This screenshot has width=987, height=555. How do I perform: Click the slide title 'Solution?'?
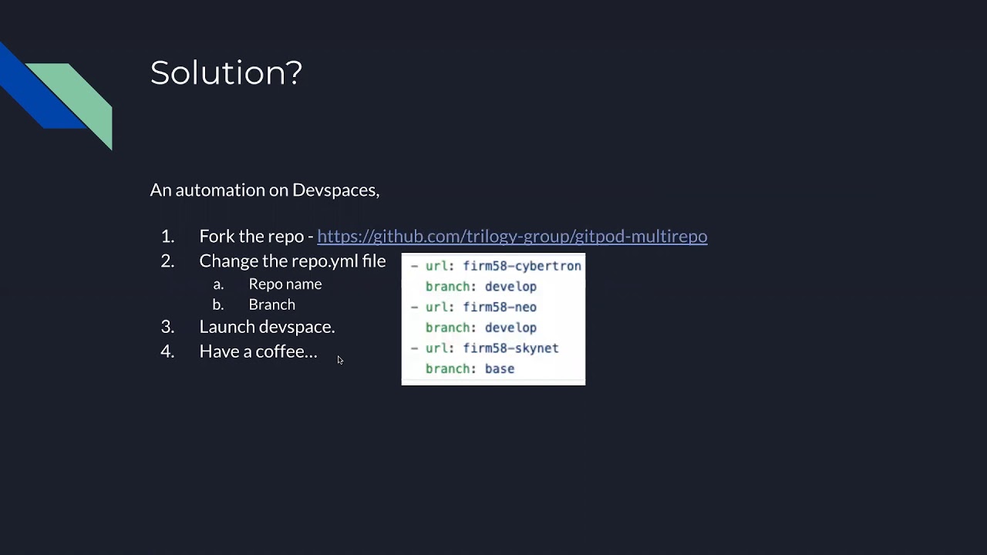click(x=226, y=72)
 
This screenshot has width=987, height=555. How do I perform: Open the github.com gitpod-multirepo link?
click(x=512, y=236)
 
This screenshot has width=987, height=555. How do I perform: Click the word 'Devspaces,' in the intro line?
click(x=335, y=190)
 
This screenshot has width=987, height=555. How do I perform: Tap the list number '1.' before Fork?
click(x=167, y=236)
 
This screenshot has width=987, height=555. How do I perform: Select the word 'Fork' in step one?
click(x=219, y=236)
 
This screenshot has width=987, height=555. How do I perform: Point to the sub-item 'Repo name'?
click(x=285, y=284)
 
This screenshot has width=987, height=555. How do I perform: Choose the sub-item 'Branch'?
click(x=271, y=304)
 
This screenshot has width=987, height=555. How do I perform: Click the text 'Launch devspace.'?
click(x=267, y=326)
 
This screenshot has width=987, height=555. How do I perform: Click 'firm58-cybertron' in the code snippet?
click(x=522, y=266)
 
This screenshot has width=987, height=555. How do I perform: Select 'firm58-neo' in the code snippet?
click(x=500, y=307)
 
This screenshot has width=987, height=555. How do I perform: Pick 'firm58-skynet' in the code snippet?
click(x=510, y=348)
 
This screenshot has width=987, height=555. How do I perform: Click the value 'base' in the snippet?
click(x=500, y=368)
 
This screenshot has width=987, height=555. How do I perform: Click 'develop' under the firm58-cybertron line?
click(x=510, y=286)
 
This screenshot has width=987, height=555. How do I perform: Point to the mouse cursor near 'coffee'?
click(x=340, y=360)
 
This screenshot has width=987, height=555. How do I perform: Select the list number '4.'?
click(x=167, y=351)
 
